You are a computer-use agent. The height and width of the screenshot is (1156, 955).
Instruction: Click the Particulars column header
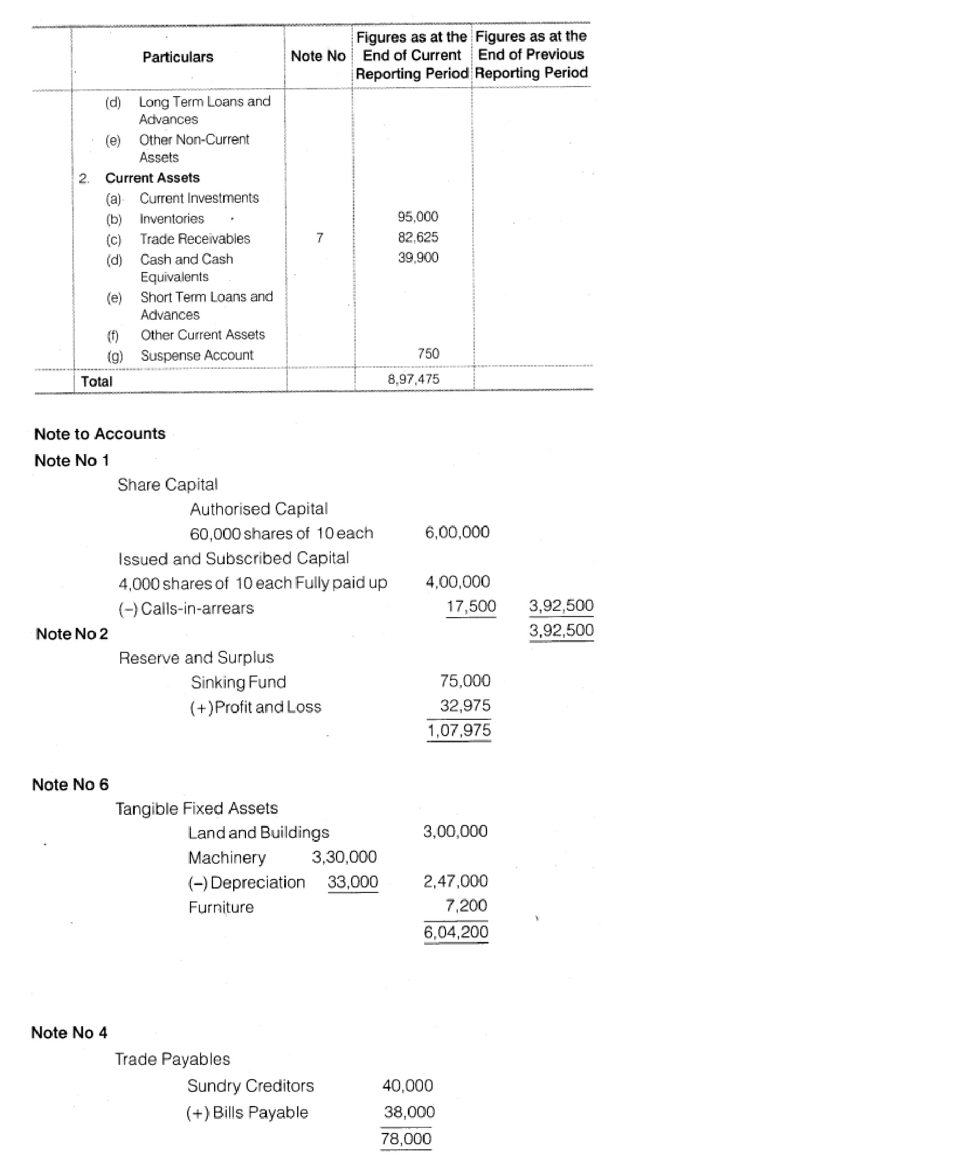178,57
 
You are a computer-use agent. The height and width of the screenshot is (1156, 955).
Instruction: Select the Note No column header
318,56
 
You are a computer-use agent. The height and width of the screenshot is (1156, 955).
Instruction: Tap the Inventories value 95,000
417,217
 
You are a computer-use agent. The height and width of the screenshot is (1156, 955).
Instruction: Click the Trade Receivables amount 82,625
417,237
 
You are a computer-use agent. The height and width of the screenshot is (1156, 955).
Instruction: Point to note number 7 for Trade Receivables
319,238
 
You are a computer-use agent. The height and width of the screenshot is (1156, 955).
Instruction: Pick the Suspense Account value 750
428,353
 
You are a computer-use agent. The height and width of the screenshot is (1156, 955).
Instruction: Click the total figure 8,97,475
413,379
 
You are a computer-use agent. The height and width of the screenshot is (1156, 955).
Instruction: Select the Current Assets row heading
152,178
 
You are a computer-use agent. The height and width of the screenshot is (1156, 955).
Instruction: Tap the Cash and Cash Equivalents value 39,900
418,257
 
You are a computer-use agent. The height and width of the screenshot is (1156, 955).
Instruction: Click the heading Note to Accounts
99,434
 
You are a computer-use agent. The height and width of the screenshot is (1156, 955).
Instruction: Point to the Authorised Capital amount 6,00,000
457,532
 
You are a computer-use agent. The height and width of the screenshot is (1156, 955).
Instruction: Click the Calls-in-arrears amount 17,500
471,606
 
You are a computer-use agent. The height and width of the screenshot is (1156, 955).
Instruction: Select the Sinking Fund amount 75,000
465,681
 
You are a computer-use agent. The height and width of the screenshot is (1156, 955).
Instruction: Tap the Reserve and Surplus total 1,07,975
459,730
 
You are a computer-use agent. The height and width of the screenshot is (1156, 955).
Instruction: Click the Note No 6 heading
70,785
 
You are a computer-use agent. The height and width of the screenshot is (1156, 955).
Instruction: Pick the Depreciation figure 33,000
353,882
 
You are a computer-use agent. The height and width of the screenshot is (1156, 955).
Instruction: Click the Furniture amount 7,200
466,905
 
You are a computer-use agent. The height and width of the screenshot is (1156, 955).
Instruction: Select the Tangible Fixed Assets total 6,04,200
456,932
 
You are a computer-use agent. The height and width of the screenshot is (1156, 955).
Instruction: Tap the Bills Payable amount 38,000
409,1112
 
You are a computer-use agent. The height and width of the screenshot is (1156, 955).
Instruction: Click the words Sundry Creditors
250,1086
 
